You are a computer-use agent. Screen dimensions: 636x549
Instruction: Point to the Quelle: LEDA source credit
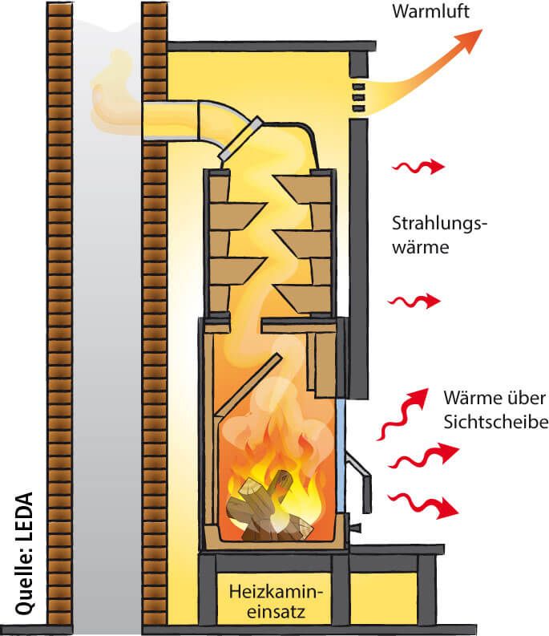(24, 553)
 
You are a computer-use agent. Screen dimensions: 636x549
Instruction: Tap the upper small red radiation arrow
(417, 167)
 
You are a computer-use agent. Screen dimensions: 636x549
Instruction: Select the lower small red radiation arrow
(414, 302)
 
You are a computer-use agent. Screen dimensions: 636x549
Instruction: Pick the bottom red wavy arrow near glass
(422, 506)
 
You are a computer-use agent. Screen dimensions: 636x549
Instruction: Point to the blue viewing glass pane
(341, 449)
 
